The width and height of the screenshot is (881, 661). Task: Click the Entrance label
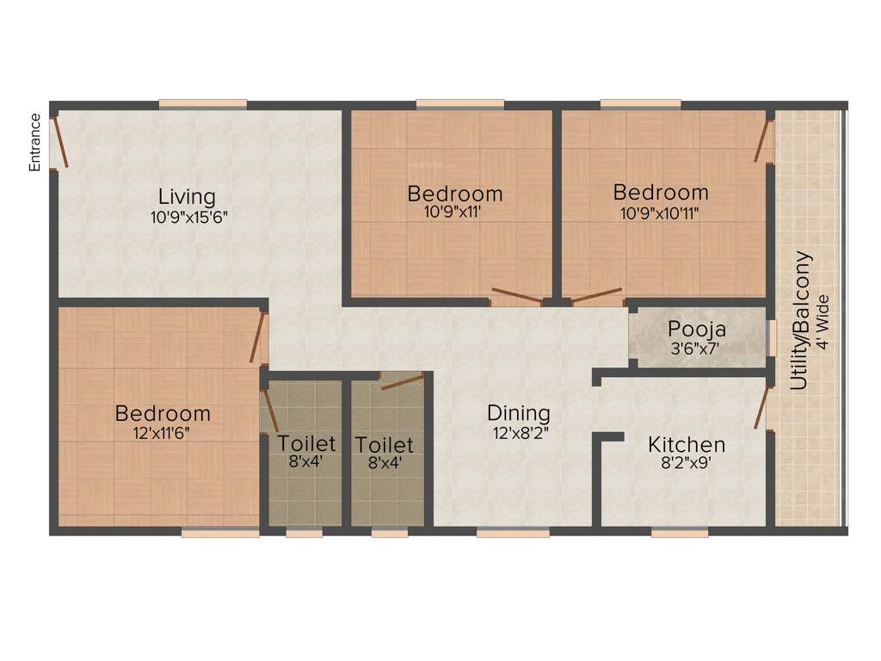tap(35, 142)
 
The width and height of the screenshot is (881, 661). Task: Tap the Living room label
tap(186, 197)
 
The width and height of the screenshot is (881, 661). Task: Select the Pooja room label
tap(697, 330)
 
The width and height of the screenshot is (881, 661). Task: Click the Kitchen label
tap(687, 445)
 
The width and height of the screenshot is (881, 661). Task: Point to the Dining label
tap(518, 414)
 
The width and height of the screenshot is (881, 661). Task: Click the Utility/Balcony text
tap(802, 320)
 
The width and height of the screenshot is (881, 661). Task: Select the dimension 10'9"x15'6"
tap(188, 217)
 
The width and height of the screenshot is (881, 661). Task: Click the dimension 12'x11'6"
tap(162, 433)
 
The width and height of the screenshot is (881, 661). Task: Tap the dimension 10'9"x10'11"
tap(661, 212)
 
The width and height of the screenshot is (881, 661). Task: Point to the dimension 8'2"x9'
tap(687, 465)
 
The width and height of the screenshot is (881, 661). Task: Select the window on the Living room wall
tap(203, 105)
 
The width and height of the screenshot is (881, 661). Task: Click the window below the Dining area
tap(513, 533)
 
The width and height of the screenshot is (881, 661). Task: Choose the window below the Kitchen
tap(680, 533)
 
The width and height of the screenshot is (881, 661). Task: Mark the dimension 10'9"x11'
tap(455, 212)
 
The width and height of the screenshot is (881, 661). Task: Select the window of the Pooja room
tap(772, 337)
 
